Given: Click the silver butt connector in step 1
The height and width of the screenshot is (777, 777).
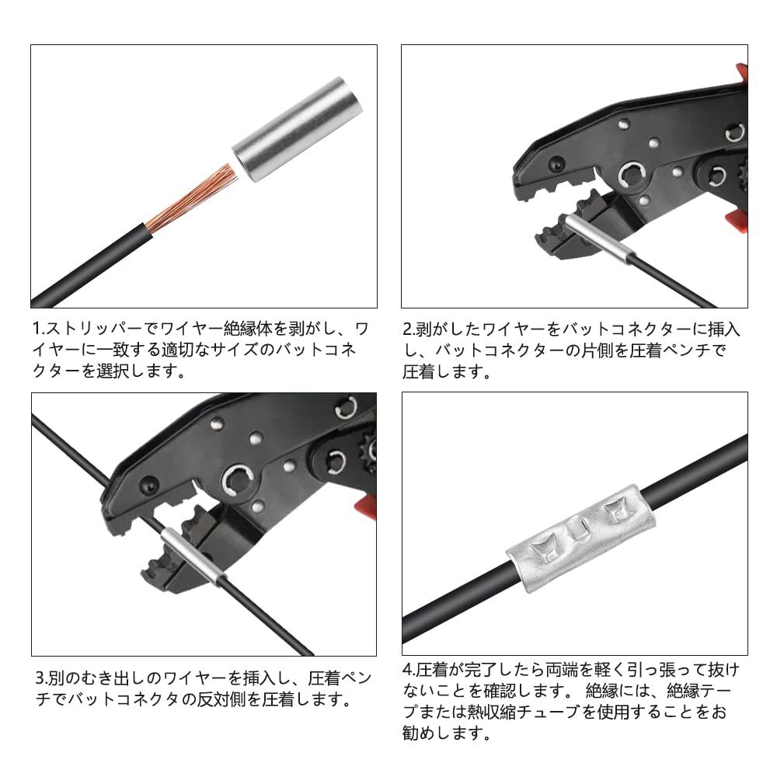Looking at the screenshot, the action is click(x=298, y=129).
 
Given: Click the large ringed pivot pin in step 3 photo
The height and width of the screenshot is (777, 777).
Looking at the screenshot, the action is click(x=238, y=480).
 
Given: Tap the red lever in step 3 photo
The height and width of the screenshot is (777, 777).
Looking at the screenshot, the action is click(x=366, y=507).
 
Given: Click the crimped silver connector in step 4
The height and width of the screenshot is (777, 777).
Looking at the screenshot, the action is click(x=580, y=538).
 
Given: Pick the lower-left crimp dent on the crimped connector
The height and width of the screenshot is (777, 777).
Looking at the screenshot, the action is click(x=545, y=549).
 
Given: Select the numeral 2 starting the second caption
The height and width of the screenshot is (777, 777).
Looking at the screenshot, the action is click(x=407, y=329).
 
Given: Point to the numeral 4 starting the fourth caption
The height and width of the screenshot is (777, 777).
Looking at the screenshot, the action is click(x=407, y=670).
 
